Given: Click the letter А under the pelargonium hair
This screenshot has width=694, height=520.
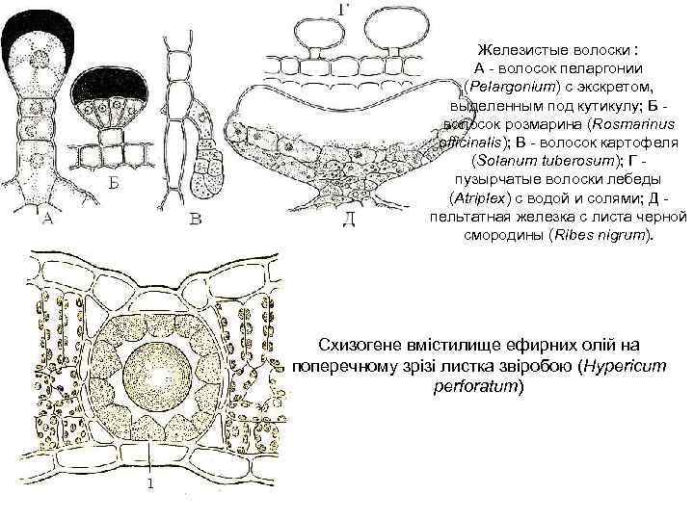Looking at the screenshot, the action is (42, 221).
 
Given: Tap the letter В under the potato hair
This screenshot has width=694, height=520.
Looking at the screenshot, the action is (195, 221).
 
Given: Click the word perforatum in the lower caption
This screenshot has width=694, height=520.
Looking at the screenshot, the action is (483, 385).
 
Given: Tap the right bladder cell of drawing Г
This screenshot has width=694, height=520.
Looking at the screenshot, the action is (394, 29).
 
